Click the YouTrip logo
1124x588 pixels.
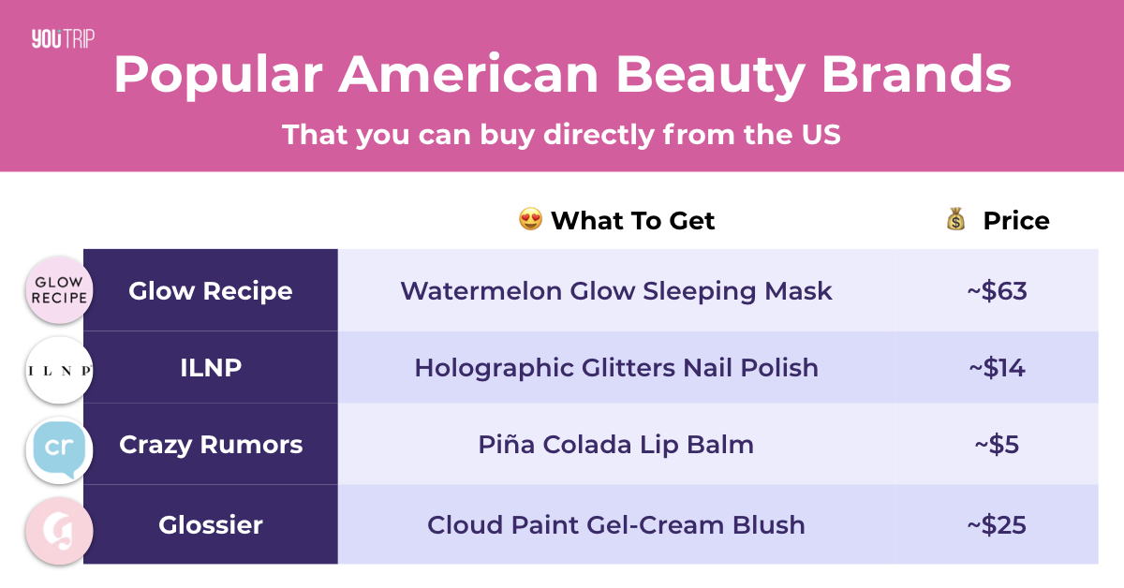tap(63, 38)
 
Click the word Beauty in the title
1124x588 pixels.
tap(710, 76)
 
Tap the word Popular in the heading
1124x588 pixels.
tap(218, 76)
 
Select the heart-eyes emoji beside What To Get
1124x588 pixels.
tap(530, 219)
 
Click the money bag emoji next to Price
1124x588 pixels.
tap(956, 219)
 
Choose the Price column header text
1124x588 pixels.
tap(1016, 220)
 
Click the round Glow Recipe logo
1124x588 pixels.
tap(59, 289)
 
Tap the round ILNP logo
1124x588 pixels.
tap(59, 370)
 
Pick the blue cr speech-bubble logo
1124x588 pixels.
tap(59, 449)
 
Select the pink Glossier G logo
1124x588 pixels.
tap(59, 531)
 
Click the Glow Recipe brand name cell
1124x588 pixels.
tap(211, 290)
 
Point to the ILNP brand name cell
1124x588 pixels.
tap(211, 367)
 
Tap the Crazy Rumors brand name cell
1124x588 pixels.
tap(211, 444)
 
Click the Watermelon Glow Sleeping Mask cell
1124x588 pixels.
tap(616, 290)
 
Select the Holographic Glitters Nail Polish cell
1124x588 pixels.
tap(616, 367)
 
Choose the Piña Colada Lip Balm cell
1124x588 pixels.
tap(616, 444)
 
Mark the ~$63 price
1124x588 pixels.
tap(997, 291)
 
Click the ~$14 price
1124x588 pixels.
tap(997, 368)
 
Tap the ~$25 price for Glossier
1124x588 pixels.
tap(997, 524)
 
